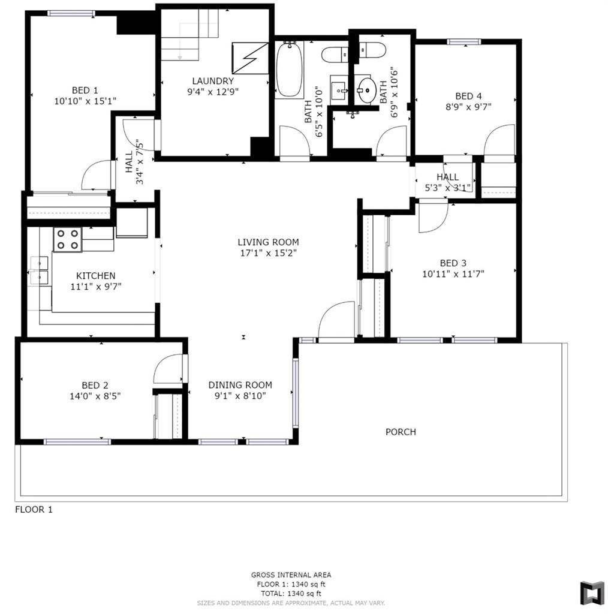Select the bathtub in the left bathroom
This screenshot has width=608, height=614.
click(290, 69)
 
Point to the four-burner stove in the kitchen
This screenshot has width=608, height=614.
click(67, 240)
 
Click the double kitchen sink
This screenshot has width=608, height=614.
click(40, 270)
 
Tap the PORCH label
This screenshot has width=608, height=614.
click(401, 432)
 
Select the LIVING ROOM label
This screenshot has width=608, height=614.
click(268, 242)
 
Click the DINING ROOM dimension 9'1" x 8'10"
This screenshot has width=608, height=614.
click(240, 396)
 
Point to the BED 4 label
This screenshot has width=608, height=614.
click(468, 96)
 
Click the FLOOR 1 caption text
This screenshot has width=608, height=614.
click(34, 510)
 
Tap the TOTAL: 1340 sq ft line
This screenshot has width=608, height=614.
click(291, 593)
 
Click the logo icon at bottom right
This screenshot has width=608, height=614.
click(592, 592)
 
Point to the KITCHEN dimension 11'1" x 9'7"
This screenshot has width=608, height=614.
click(92, 287)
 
